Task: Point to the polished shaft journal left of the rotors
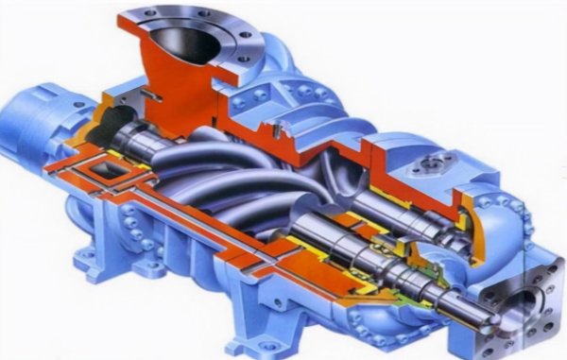(151, 142)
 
